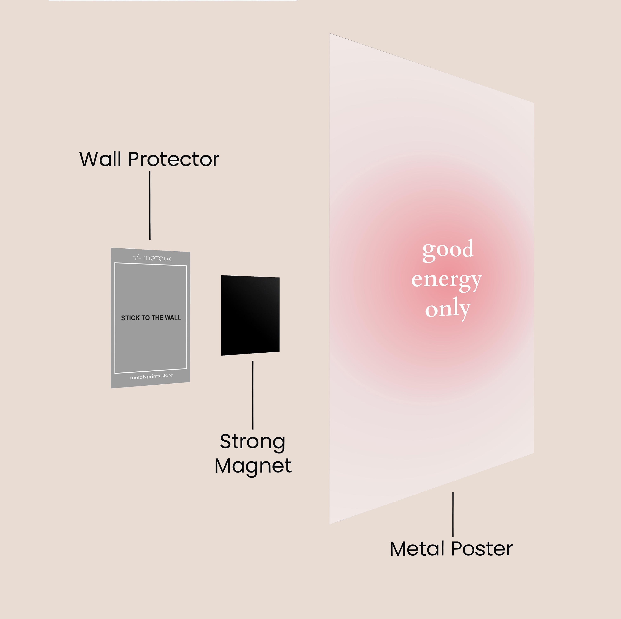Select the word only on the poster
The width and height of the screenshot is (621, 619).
[x=448, y=309]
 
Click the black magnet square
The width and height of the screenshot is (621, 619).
[x=250, y=315]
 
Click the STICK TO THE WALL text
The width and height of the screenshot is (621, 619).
[x=151, y=318]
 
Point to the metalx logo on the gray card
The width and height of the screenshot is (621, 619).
[x=152, y=258]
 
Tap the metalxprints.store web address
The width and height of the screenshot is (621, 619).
[x=151, y=376]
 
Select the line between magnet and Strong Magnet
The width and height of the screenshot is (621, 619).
[x=253, y=395]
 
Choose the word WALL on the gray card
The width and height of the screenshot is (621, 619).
[x=173, y=317]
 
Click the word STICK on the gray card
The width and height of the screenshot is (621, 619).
[x=130, y=318]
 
